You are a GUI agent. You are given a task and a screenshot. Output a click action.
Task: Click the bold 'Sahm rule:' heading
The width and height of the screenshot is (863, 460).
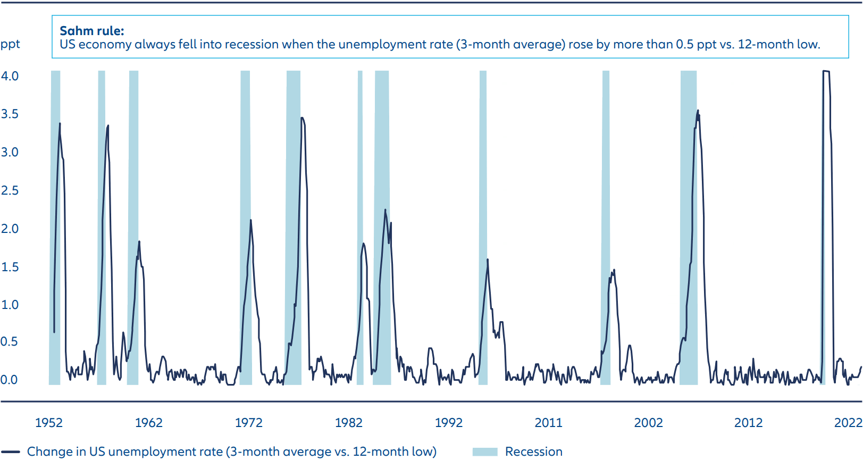[x=91, y=31]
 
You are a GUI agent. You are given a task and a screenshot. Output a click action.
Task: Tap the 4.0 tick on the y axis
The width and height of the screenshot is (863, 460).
[x=10, y=76]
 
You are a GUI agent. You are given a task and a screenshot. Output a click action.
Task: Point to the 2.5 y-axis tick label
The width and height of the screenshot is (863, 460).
[x=10, y=190]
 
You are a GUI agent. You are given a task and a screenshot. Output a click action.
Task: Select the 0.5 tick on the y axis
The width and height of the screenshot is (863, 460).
[x=9, y=341]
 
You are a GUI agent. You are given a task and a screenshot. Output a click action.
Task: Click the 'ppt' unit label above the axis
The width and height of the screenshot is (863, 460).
[x=10, y=44]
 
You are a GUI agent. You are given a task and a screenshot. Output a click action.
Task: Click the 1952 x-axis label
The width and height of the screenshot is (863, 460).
[x=48, y=423]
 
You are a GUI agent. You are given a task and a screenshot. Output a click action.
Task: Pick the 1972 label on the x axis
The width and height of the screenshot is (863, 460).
[x=248, y=423]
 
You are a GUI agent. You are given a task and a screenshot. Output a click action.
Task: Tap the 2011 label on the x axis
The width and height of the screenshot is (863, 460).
[x=548, y=423]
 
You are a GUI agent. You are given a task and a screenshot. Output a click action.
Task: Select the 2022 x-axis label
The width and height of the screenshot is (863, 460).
[x=848, y=423]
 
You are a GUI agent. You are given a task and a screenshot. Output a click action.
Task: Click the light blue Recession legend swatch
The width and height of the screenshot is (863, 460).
[x=484, y=451]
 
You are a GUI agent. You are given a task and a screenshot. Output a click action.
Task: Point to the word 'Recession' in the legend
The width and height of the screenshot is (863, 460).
[x=533, y=451]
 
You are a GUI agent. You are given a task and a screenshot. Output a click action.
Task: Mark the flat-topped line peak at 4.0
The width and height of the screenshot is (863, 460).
[x=826, y=71]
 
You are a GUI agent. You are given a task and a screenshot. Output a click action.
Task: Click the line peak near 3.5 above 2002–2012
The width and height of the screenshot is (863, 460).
[x=698, y=111]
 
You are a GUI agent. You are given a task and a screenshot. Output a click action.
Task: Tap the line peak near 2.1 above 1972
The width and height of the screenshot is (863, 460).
[x=250, y=220]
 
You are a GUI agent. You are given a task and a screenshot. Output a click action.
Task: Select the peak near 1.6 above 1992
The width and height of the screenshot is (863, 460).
[x=488, y=260]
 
